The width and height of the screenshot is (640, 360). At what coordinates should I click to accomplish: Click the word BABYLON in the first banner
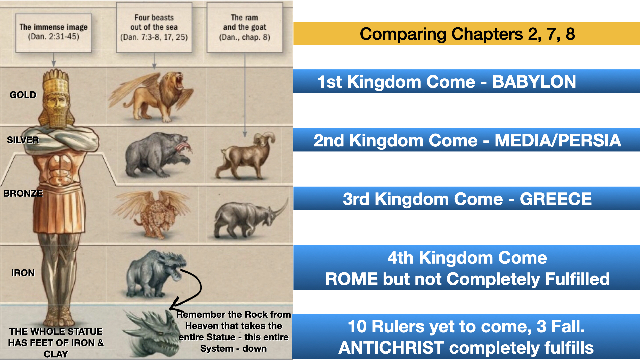pos(534,82)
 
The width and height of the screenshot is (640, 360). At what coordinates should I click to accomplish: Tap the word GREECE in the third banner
pos(556,199)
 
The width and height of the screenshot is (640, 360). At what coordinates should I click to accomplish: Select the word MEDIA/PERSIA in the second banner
pos(558,140)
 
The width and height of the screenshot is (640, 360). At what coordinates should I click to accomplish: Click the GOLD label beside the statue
pos(23,95)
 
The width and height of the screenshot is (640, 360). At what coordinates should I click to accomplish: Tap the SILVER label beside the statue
pos(23,140)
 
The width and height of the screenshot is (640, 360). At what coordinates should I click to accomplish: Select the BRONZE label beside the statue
pos(23,193)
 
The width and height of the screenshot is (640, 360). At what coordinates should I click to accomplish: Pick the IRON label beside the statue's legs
pos(23,273)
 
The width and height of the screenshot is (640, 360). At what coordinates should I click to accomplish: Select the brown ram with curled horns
pos(246,155)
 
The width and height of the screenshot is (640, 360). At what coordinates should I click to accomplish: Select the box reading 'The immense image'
pos(53,33)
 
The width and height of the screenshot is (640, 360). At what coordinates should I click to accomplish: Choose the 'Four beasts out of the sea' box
pos(154,27)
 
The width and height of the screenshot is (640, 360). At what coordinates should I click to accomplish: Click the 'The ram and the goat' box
pos(245,27)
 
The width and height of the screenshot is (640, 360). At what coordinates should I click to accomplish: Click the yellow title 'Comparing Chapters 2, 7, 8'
pos(467,34)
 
